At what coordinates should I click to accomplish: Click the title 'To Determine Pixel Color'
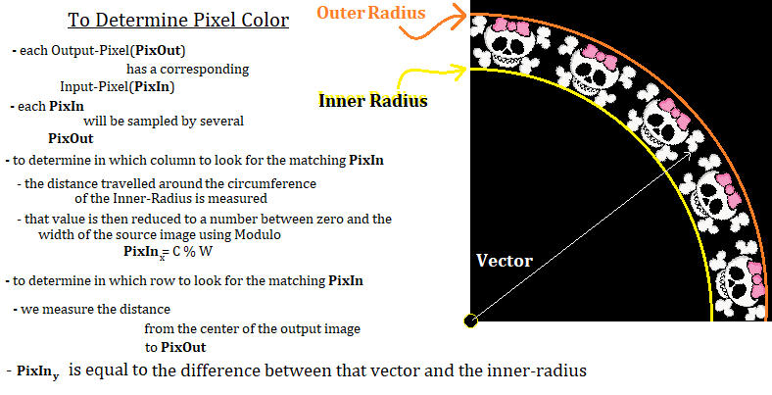(178, 21)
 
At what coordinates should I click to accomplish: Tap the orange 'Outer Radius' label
(370, 13)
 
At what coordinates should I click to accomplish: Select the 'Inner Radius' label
(372, 101)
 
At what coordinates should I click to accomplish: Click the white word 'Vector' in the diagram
(505, 261)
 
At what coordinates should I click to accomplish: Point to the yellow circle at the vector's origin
(470, 321)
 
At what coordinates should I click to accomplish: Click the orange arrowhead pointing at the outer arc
(460, 15)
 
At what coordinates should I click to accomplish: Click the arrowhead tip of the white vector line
(692, 153)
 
